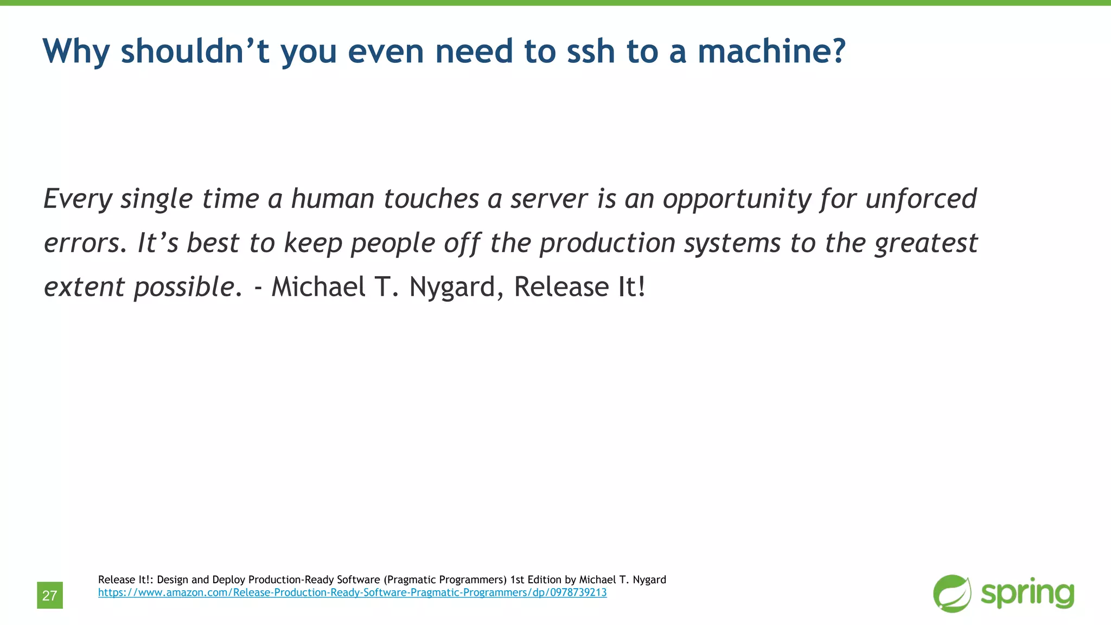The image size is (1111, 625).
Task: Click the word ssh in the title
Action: [590, 51]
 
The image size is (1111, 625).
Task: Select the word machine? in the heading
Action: [771, 51]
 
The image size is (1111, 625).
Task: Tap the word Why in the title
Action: [76, 51]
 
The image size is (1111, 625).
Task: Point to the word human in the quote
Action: [333, 199]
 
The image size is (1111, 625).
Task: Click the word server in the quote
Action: [549, 199]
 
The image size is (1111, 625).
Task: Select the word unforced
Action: [921, 199]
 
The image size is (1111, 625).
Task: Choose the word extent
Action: [84, 288]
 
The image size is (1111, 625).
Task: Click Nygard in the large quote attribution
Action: [452, 288]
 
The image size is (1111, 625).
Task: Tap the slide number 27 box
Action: [50, 595]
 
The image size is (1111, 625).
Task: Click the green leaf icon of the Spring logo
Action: [952, 594]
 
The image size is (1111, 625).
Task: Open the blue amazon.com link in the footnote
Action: [352, 592]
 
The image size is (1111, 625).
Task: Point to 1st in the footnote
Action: [518, 579]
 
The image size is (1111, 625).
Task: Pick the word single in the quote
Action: [156, 200]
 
